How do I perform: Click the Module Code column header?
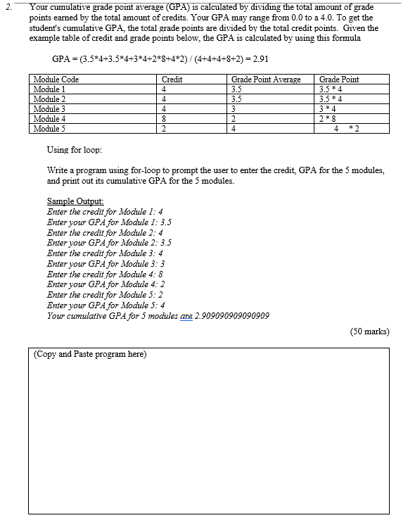(56, 80)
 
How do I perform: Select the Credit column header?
(172, 80)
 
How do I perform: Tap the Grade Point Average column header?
(266, 80)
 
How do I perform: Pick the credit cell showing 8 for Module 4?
(164, 119)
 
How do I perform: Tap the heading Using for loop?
(75, 151)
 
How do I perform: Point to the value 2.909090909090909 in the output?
(231, 315)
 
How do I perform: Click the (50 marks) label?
(369, 331)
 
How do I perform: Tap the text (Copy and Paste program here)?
(90, 354)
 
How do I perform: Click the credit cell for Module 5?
(164, 129)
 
